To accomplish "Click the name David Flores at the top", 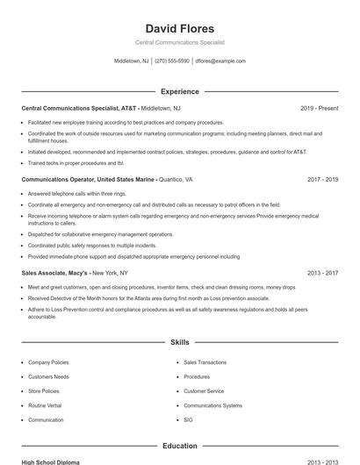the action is [179, 28].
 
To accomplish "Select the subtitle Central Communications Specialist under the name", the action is [179, 42].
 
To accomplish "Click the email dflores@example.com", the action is [220, 61].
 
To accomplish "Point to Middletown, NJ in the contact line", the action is [132, 61].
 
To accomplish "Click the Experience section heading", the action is [179, 91].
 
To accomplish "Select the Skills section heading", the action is [179, 344].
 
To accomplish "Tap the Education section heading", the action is [179, 446].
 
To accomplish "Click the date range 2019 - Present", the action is [319, 108].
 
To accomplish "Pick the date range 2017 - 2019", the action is [322, 179].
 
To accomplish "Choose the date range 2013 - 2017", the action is [322, 273].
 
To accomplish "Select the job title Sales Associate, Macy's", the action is [55, 273].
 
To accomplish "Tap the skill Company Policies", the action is [48, 361].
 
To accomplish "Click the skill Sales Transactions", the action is [205, 361].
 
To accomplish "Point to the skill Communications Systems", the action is [212, 405].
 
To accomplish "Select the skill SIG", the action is [188, 420].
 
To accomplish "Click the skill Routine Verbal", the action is [45, 405].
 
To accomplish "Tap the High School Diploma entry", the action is [52, 461].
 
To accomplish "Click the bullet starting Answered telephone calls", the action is [77, 193].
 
